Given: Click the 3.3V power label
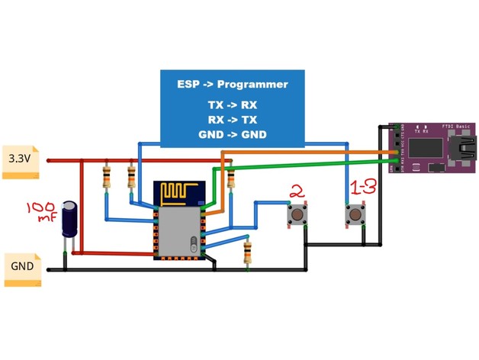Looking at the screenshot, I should click(x=20, y=159).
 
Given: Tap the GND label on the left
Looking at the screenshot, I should click(x=21, y=268).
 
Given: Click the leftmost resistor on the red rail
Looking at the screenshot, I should click(x=107, y=178).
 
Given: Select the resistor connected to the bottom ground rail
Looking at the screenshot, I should click(x=247, y=252).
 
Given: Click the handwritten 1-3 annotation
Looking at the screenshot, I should click(x=362, y=188).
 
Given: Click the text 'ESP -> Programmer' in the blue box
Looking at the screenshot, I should click(x=233, y=85).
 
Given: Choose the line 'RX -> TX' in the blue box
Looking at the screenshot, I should click(x=233, y=120).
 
